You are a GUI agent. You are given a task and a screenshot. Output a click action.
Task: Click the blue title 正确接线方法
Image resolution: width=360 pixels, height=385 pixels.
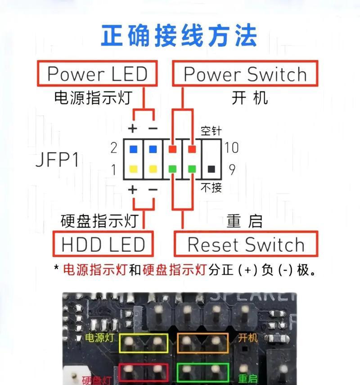click(179, 36)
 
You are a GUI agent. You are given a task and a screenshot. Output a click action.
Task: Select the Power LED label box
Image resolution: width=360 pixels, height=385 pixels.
click(97, 74)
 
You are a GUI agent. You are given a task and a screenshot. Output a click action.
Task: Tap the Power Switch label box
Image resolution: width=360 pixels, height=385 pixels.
click(245, 74)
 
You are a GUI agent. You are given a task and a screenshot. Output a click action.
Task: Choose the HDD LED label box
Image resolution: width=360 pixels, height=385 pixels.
click(103, 245)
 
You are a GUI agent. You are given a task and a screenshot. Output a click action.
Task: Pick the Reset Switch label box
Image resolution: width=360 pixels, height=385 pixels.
click(246, 245)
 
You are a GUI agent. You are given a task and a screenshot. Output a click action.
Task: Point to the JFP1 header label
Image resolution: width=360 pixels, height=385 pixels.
click(57, 160)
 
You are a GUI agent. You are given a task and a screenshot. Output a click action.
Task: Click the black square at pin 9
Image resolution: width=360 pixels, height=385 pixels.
click(211, 169)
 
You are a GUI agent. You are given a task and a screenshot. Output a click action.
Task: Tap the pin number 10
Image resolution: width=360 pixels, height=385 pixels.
click(232, 148)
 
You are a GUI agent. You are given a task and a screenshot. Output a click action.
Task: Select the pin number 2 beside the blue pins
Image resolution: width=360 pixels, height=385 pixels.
click(114, 148)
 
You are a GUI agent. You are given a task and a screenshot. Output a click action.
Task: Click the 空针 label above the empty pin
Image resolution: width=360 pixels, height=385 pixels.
click(211, 131)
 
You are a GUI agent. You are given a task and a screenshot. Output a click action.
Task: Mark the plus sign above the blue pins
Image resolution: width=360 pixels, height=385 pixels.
click(132, 129)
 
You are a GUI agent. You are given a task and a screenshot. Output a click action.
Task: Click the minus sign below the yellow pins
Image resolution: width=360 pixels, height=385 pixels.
click(153, 190)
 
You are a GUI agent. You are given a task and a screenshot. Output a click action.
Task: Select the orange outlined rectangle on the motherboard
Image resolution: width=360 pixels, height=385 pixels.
click(202, 343)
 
